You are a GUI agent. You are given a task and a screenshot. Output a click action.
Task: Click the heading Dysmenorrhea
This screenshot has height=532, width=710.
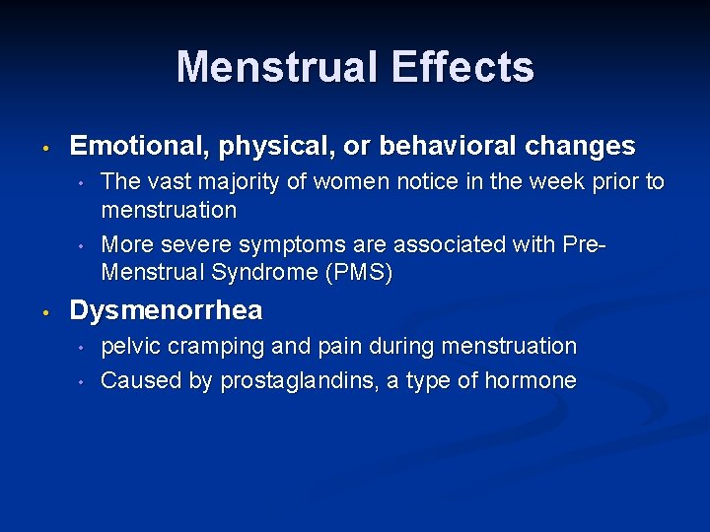pos(166,311)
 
